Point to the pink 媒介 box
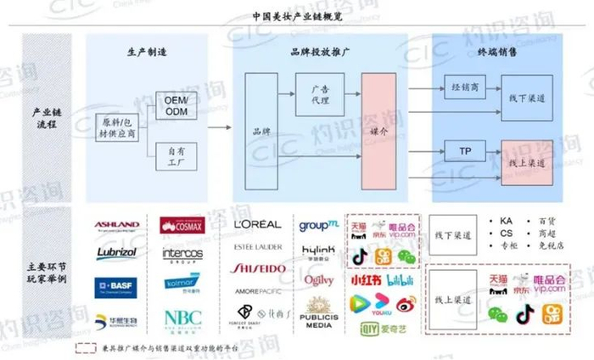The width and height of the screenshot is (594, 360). [x=378, y=132]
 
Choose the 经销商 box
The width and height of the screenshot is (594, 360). [x=464, y=87]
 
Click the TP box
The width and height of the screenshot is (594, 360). [x=464, y=150]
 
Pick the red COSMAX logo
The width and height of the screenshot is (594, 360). [x=182, y=226]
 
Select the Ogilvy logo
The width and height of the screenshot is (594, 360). [x=318, y=280]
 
